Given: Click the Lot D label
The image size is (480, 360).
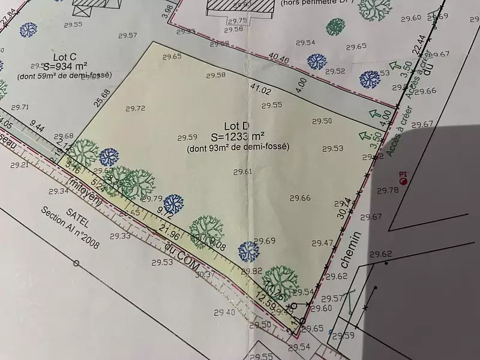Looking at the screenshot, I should (x=236, y=126).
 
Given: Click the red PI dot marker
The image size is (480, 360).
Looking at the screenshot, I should (x=403, y=180).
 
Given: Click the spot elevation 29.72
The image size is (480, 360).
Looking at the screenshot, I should (x=136, y=109).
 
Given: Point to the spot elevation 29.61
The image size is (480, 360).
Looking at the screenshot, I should (x=242, y=172).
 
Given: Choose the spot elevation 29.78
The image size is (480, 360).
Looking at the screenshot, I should (x=387, y=190).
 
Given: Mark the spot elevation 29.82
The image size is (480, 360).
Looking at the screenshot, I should (x=251, y=271).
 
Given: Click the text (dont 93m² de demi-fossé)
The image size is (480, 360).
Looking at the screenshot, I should (x=238, y=147).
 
